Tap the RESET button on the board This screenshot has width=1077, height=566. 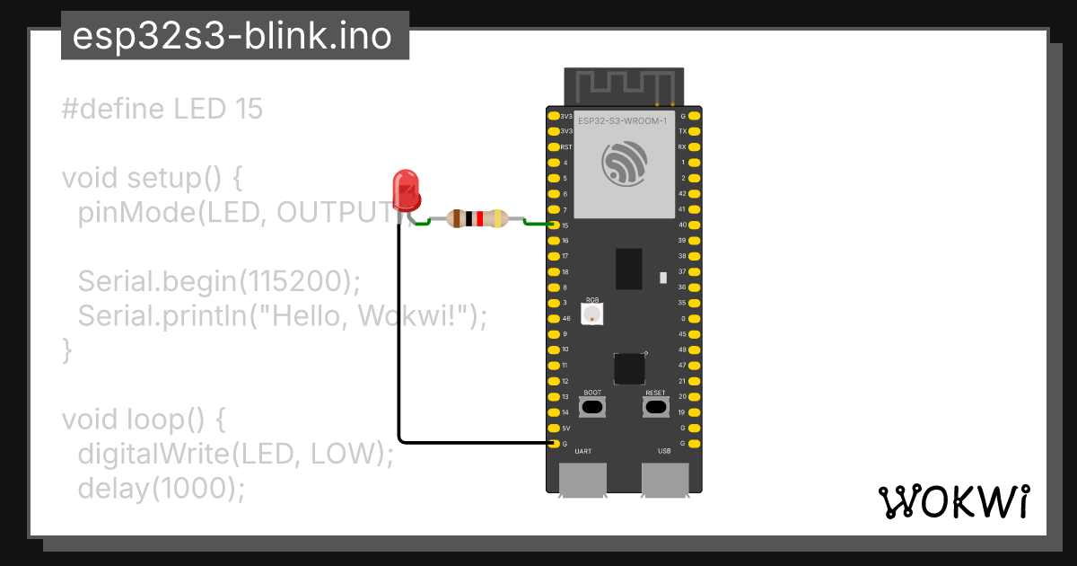(656, 407)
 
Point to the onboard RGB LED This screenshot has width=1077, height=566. (592, 314)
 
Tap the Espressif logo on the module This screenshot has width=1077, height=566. (624, 164)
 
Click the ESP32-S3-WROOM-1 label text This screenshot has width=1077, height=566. (623, 121)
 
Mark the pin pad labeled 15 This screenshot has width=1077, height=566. (552, 225)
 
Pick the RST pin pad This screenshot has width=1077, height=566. (552, 146)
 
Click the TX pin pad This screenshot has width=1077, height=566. (696, 131)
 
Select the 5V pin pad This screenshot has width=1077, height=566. (552, 428)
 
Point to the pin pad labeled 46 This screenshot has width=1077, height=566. (552, 318)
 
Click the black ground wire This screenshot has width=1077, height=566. (399, 359)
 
